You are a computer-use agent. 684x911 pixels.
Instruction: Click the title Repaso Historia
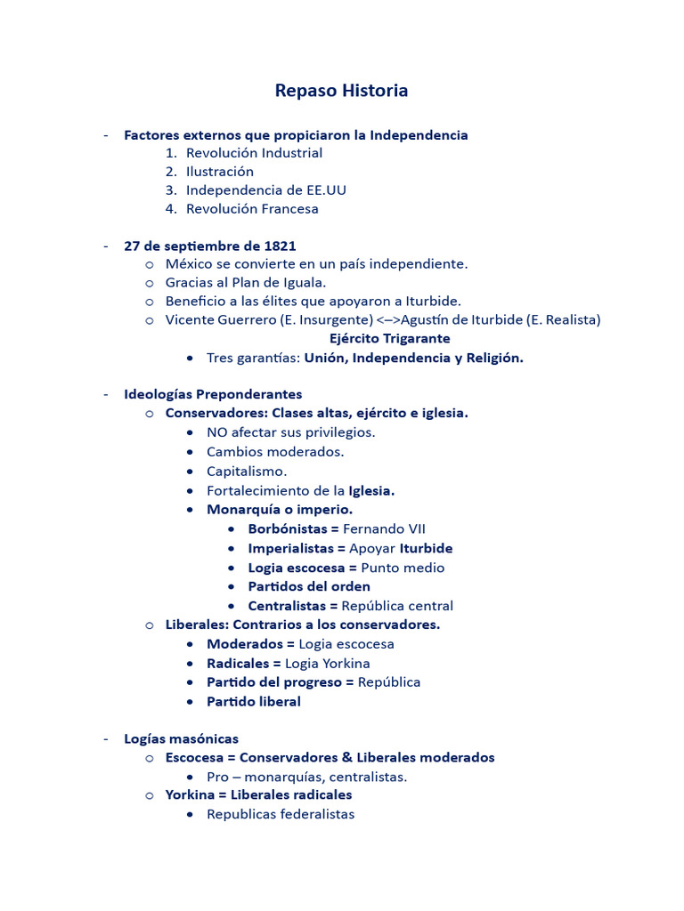341,90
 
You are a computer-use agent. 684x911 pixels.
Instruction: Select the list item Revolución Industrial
254,153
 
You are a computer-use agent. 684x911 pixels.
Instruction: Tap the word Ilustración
220,172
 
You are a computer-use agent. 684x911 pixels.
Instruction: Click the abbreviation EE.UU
330,190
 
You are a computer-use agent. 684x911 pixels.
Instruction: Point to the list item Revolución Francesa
252,209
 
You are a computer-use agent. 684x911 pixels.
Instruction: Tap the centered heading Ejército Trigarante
389,339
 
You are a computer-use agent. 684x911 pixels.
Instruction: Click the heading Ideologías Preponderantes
213,394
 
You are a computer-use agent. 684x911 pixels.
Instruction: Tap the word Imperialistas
291,548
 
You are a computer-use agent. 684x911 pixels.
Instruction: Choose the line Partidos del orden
309,586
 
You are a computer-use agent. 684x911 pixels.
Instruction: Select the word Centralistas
288,606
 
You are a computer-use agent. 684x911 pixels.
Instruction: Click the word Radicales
238,664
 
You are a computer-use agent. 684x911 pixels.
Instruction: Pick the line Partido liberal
254,702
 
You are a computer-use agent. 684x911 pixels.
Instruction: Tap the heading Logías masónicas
181,739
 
